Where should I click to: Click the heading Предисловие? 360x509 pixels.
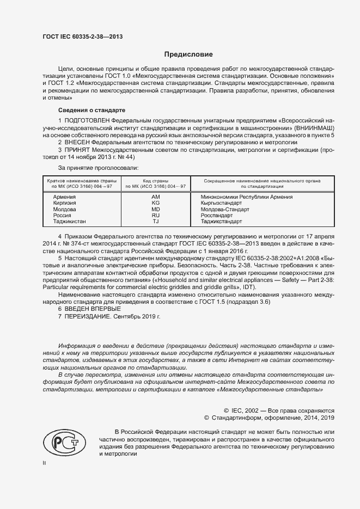(188, 54)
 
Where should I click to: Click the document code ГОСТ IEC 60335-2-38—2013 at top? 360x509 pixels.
(82, 36)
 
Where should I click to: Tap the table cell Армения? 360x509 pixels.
(64, 197)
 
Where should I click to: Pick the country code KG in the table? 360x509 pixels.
(155, 203)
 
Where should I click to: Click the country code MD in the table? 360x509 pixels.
(155, 209)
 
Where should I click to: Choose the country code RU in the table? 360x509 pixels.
(155, 216)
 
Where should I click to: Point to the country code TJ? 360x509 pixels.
(155, 222)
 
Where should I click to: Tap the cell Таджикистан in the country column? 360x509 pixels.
(70, 222)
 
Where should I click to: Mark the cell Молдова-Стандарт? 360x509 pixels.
(225, 209)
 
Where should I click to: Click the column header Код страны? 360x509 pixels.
(155, 180)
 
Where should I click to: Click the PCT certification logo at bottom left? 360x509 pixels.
(62, 439)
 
